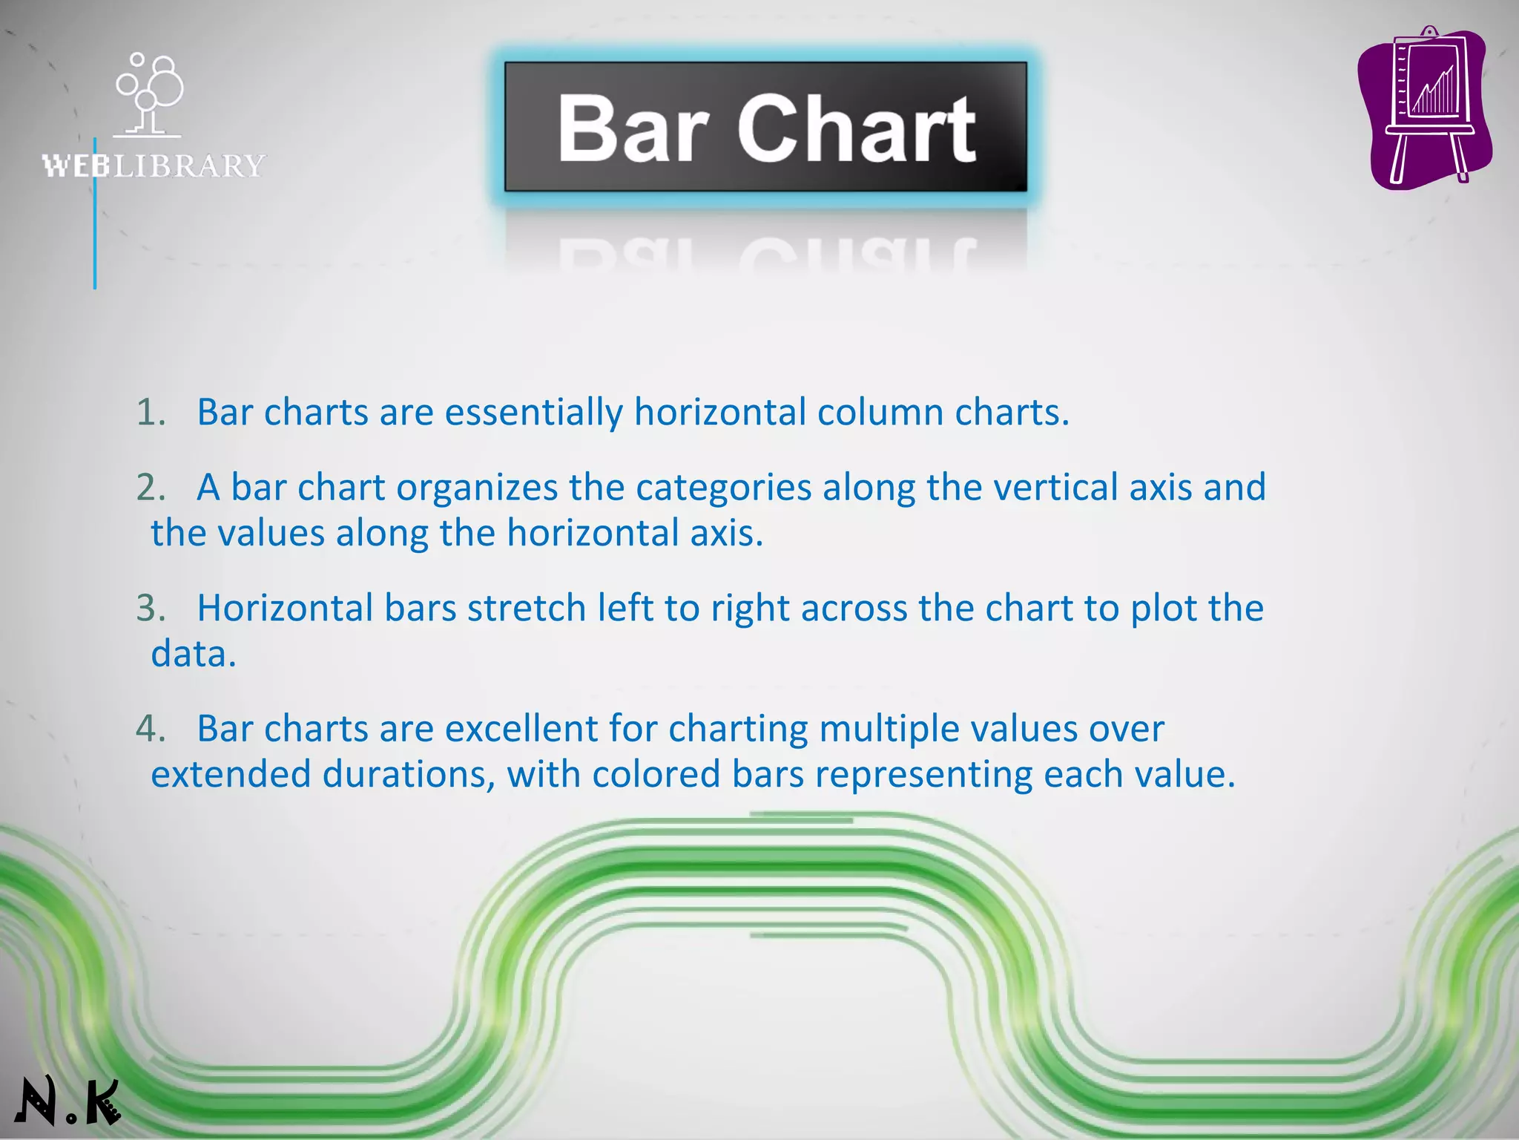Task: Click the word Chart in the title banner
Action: [856, 129]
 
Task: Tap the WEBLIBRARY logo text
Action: [154, 166]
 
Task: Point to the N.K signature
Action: [67, 1101]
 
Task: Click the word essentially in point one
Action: [533, 413]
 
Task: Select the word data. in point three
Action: [194, 655]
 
